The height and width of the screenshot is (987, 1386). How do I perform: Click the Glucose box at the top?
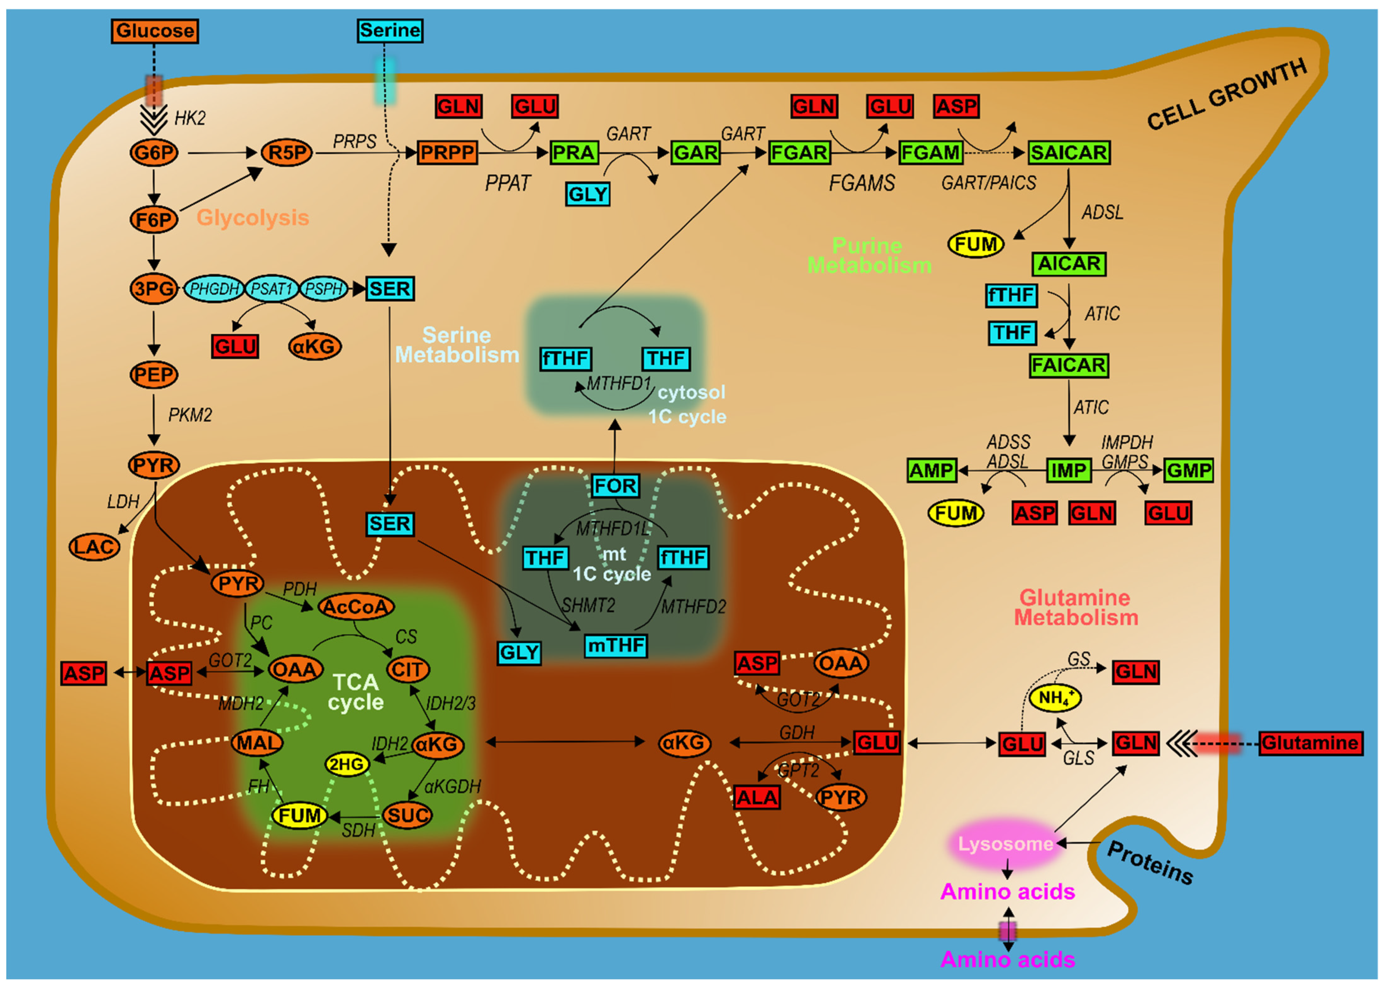pyautogui.click(x=154, y=31)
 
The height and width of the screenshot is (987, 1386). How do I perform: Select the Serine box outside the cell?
pyautogui.click(x=390, y=30)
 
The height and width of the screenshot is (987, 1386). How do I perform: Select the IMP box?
pyautogui.click(x=1068, y=470)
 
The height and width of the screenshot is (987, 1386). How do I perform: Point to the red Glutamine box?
pyautogui.click(x=1310, y=743)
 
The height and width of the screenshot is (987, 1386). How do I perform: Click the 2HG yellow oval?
pyautogui.click(x=347, y=764)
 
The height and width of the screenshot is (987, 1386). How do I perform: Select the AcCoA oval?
pyautogui.click(x=356, y=607)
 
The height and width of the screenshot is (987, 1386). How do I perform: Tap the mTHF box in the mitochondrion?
pyautogui.click(x=616, y=645)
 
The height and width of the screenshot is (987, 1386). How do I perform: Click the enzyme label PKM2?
pyautogui.click(x=190, y=415)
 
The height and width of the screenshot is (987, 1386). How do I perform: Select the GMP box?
pyautogui.click(x=1189, y=470)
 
